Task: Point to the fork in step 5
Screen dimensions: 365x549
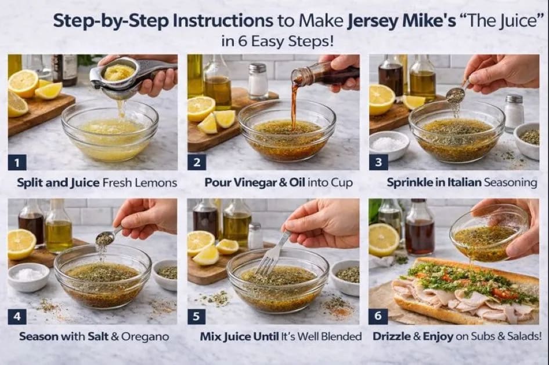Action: pyautogui.click(x=273, y=255)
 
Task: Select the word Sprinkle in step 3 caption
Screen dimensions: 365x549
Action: pyautogui.click(x=410, y=183)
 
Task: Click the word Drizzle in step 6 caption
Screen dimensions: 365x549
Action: pyautogui.click(x=391, y=337)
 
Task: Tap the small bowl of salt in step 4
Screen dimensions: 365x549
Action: pyautogui.click(x=28, y=276)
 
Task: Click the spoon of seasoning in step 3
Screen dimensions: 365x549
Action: pyautogui.click(x=456, y=95)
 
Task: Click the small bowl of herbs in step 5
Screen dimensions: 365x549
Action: pyautogui.click(x=346, y=275)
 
